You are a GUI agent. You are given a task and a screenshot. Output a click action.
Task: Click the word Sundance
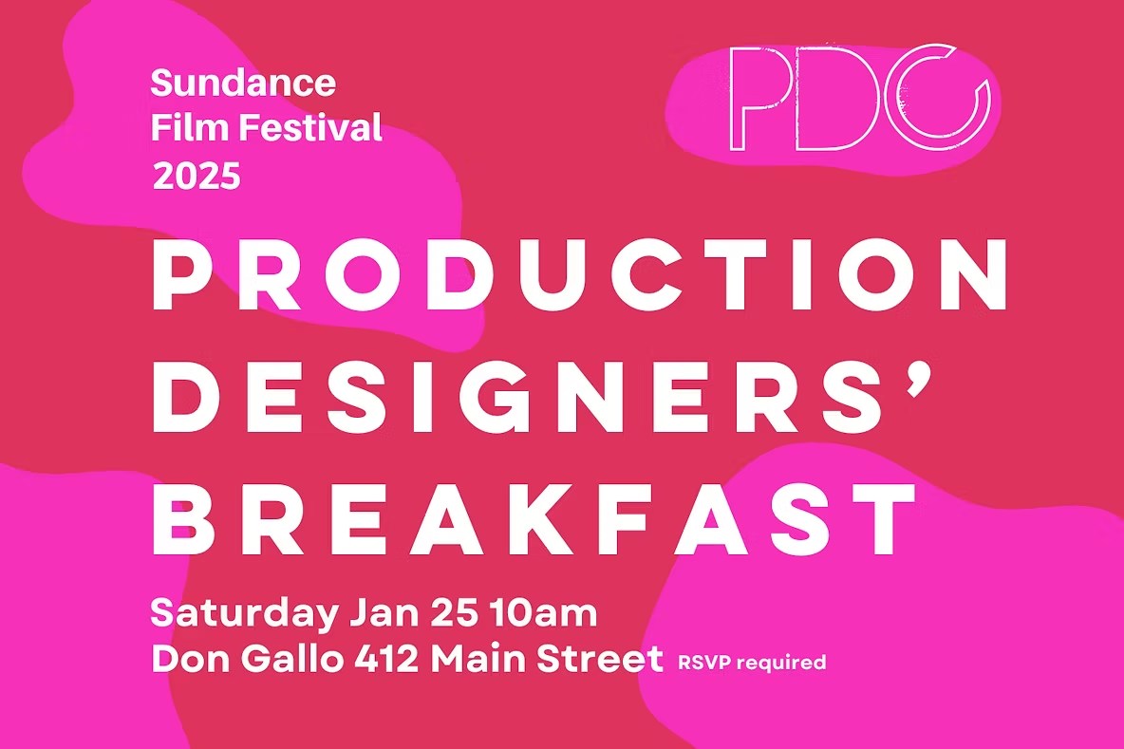pyautogui.click(x=243, y=84)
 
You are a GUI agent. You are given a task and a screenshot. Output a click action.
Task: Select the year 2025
pyautogui.click(x=197, y=176)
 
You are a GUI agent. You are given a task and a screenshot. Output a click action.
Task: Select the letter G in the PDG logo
pyautogui.click(x=936, y=98)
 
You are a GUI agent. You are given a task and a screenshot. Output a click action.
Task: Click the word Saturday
pyautogui.click(x=242, y=614)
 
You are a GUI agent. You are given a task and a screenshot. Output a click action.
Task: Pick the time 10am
pyautogui.click(x=544, y=613)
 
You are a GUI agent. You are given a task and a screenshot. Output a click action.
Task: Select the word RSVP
pyautogui.click(x=699, y=663)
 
